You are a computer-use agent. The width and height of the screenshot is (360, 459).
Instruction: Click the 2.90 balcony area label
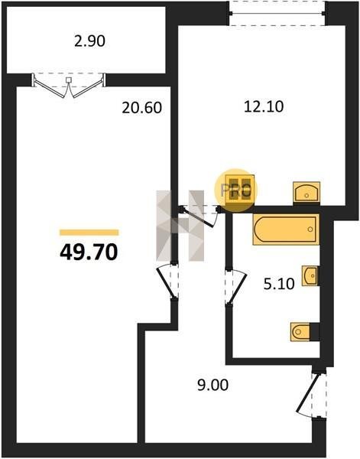89,41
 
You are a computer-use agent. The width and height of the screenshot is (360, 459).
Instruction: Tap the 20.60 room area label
142,108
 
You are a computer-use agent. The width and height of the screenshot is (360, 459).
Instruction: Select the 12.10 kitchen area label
264,106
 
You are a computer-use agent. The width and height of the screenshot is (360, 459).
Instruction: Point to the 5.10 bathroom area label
279,284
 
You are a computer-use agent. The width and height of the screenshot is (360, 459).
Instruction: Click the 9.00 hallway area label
213,385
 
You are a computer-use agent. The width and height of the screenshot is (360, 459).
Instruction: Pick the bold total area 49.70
89,252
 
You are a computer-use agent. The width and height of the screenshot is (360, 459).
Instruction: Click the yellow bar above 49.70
89,233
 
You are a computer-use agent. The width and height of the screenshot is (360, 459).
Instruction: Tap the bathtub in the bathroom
286,229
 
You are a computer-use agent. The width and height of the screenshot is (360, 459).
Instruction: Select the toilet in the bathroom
300,332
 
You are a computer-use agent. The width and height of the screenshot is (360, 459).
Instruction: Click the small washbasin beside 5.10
310,275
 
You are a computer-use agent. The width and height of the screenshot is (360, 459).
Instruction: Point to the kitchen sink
306,192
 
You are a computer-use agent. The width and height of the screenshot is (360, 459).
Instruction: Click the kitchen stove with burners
240,190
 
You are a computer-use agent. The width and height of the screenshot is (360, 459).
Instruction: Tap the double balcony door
69,85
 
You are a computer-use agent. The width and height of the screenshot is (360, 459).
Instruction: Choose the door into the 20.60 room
168,282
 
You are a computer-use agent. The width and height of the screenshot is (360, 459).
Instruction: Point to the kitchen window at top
277,13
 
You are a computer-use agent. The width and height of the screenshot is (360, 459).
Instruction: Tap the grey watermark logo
180,226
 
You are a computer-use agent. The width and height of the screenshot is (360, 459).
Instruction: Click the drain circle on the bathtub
310,229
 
